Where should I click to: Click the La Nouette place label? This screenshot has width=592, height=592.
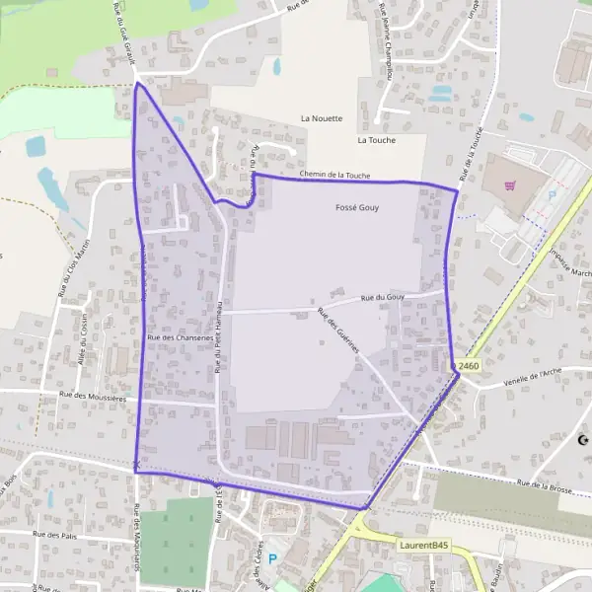(x=322, y=118)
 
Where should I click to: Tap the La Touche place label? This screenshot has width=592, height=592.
(x=377, y=140)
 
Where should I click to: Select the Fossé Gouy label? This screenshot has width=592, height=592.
(x=357, y=208)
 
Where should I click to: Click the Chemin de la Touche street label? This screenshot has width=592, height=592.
(x=334, y=175)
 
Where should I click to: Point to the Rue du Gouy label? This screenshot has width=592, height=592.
(x=384, y=297)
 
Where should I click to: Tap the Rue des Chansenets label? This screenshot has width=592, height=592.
(x=180, y=337)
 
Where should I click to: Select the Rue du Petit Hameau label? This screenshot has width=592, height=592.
(x=217, y=336)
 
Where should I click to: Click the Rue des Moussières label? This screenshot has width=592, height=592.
(x=94, y=395)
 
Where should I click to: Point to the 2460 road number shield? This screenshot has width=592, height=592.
(x=469, y=366)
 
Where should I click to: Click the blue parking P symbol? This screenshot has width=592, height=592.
(x=272, y=558)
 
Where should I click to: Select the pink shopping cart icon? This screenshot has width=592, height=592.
(x=510, y=185)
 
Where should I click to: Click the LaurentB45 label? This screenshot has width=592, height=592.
(x=425, y=544)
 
